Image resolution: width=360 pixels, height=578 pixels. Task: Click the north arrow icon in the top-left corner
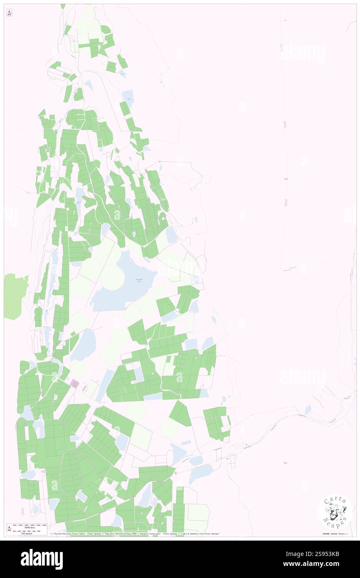click(x=9, y=13)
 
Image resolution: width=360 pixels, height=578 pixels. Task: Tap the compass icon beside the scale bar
click(x=10, y=529)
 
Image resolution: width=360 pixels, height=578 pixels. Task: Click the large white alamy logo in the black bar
click(x=42, y=559)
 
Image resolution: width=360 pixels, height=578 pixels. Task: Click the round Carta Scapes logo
click(x=335, y=512)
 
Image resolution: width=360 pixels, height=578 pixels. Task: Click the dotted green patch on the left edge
click(x=15, y=296)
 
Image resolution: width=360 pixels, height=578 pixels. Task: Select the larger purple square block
click(x=74, y=383)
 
